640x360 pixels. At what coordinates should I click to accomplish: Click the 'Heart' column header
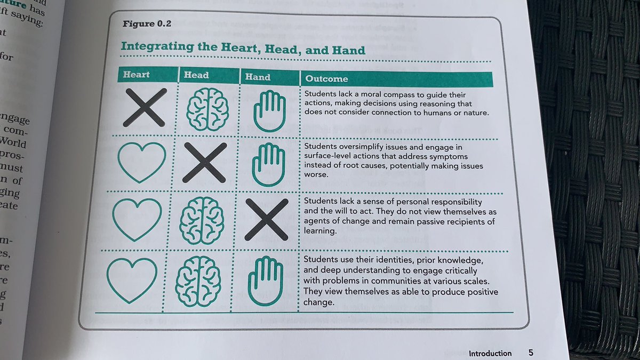click(137, 74)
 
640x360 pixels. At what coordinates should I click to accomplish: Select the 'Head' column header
click(196, 75)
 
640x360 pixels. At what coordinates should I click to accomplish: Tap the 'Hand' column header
click(258, 77)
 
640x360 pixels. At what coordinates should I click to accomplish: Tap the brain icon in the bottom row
click(198, 281)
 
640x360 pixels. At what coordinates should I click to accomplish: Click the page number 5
click(531, 353)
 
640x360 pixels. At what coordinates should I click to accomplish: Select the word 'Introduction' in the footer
click(490, 353)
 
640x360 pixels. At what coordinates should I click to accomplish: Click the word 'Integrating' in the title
click(155, 47)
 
